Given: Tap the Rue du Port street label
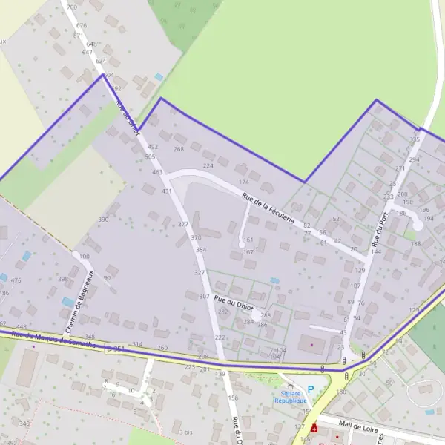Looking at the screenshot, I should [380, 230].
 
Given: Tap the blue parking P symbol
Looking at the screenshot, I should [310, 389].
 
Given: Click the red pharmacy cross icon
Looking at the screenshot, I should [314, 429].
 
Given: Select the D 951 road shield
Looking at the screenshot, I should [115, 347].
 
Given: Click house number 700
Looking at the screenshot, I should [71, 7].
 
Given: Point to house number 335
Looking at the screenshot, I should [415, 139].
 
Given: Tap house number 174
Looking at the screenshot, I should [243, 182].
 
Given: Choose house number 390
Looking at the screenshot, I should [103, 220].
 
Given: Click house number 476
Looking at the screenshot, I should [16, 280].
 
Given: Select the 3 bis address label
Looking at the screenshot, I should [186, 432].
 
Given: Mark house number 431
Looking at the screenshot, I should [166, 191].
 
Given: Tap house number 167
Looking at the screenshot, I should [248, 252].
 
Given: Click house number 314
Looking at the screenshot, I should [136, 345].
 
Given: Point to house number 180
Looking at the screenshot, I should [341, 392].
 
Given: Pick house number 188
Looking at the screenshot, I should [416, 243].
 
